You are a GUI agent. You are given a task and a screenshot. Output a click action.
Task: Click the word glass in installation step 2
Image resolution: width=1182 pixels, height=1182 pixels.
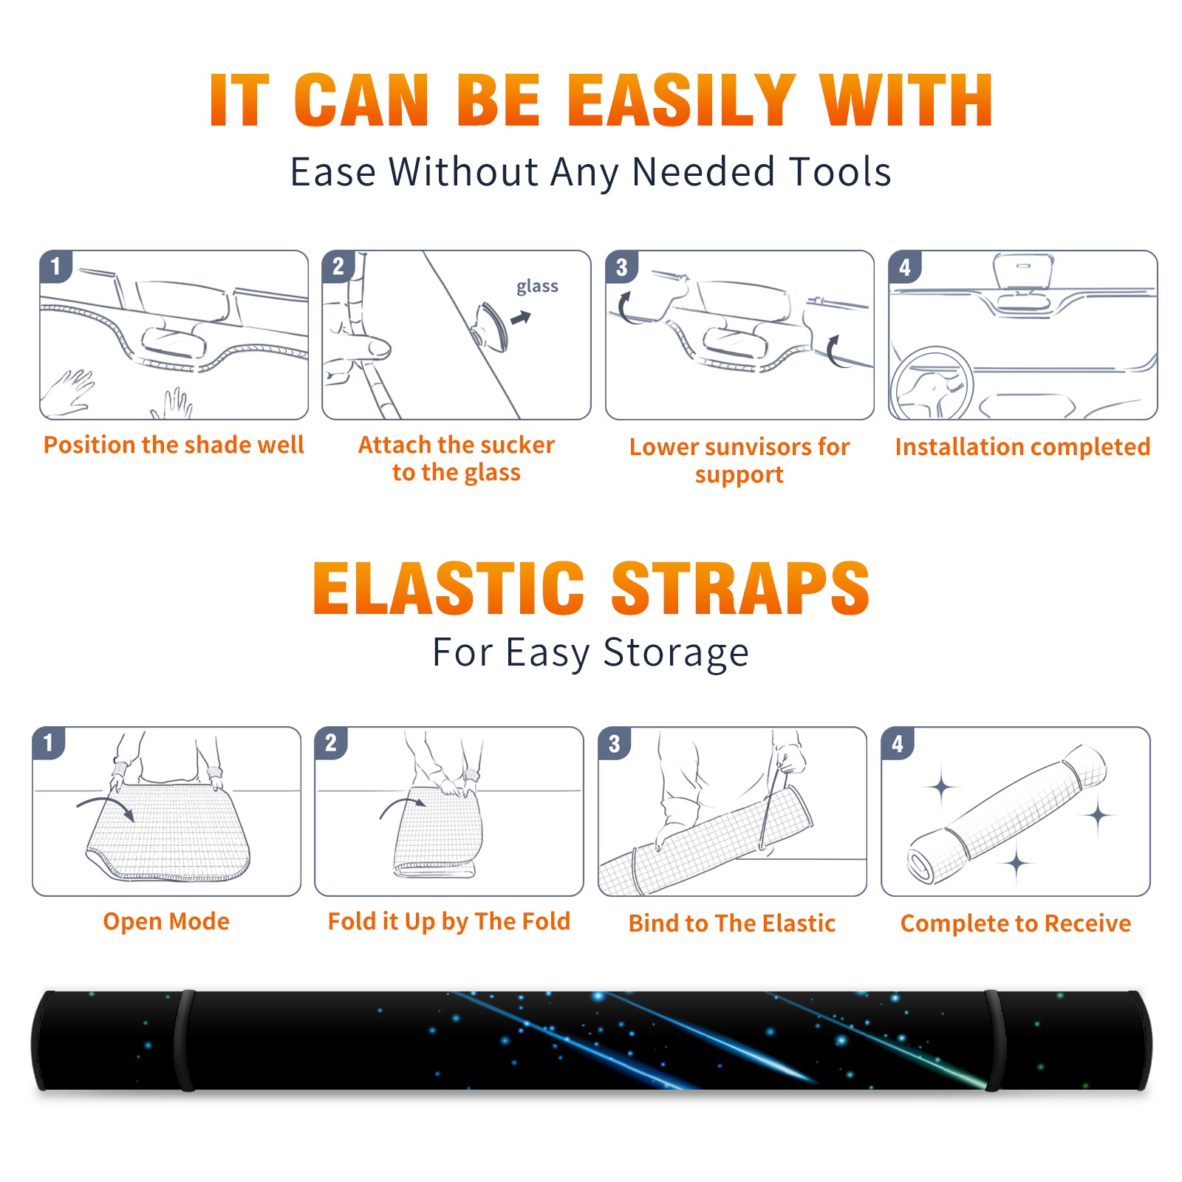click(537, 286)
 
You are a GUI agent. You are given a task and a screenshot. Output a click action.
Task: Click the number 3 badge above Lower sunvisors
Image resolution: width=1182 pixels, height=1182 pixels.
click(621, 267)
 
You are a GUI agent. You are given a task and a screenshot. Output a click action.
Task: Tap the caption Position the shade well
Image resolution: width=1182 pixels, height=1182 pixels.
click(174, 445)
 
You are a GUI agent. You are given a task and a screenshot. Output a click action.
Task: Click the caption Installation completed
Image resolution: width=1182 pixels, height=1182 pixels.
click(1022, 447)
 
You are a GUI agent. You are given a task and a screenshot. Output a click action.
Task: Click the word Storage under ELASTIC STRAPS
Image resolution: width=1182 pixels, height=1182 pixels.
click(676, 653)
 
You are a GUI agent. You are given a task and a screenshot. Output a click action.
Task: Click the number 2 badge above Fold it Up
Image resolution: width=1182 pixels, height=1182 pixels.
click(330, 742)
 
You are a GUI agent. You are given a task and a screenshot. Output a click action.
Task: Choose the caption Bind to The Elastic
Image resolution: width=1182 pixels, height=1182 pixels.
click(731, 923)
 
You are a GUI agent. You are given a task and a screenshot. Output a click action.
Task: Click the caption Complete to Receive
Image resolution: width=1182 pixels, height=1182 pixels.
click(1016, 923)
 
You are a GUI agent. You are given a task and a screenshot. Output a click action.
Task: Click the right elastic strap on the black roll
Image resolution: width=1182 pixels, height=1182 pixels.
click(995, 1041)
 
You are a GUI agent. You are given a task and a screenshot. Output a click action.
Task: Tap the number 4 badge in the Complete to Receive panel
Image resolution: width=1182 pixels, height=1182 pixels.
click(897, 742)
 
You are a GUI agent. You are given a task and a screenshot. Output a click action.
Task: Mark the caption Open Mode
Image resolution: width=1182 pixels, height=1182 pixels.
click(166, 921)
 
